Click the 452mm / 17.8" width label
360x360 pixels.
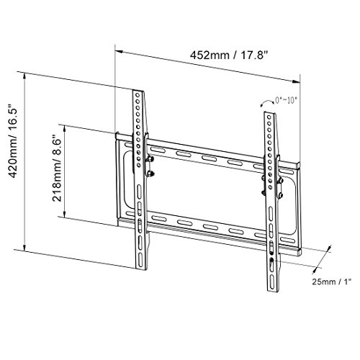click(228, 55)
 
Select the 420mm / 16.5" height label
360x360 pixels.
click(13, 140)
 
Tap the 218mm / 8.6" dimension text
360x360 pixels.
click(57, 168)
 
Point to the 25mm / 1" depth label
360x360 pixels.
click(332, 282)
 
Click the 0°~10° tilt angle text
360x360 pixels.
click(286, 100)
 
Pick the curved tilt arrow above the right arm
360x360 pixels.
click(267, 103)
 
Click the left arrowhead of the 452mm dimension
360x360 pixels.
click(120, 52)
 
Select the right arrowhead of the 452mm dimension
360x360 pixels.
click(296, 81)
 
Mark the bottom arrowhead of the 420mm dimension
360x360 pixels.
click(24, 246)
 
